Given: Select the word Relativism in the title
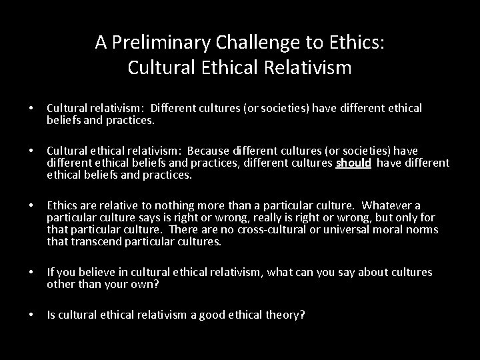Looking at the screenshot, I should (306, 67).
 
